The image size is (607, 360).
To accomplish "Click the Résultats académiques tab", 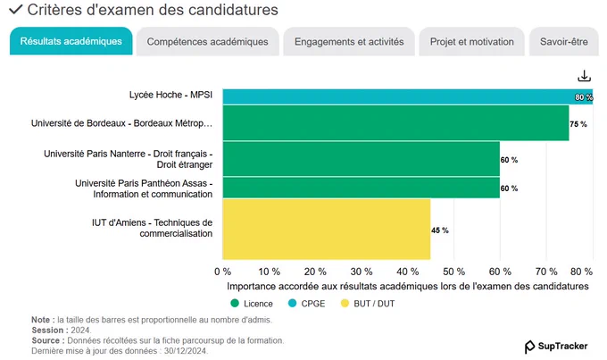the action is tap(71, 41).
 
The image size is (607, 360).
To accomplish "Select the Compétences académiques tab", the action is tap(207, 41).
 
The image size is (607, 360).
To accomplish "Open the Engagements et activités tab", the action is tap(349, 41).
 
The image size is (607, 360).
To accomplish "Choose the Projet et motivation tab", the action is tap(471, 41).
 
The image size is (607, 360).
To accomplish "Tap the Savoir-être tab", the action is tap(563, 41).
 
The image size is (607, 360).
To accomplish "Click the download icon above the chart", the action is tap(584, 76).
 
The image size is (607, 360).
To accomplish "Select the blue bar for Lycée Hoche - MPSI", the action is tap(408, 96).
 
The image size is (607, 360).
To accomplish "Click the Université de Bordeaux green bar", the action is tap(396, 123).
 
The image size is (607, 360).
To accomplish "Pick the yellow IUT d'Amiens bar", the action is tap(327, 229).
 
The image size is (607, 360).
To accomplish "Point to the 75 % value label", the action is tap(578, 124).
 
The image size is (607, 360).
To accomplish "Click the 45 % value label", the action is tap(440, 230).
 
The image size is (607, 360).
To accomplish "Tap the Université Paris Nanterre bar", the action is tap(362, 159).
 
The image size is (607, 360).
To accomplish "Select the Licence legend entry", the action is tap(252, 304).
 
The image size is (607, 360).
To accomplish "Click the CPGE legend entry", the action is tap(306, 304).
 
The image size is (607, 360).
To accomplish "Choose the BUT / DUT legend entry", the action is tap(368, 304).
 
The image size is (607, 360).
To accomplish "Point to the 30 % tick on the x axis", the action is tap(362, 272).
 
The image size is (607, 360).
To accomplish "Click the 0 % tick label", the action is tap(222, 272).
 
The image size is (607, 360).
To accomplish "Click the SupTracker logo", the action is tap(556, 347).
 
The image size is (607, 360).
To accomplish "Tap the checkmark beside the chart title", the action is tap(16, 9).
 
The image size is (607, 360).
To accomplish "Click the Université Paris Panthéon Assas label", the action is tap(144, 188).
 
